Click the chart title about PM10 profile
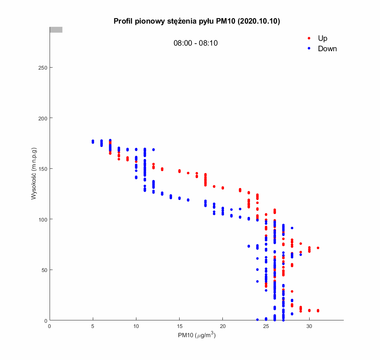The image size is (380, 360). pos(196,21)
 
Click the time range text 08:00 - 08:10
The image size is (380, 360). pos(196,43)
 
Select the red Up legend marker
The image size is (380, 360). pos(309,38)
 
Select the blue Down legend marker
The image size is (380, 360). pos(309,49)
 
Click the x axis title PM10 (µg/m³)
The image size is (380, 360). pos(196,335)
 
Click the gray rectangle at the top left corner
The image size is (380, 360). pos(56,30)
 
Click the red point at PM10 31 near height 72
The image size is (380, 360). pos(318,248)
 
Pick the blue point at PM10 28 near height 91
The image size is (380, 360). pos(292,228)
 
